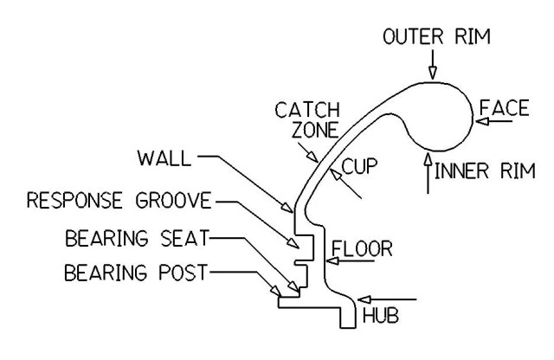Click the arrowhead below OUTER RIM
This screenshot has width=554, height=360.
point(434,74)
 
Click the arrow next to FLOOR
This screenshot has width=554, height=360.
point(330,258)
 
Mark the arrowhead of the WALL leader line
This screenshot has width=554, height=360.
point(291,208)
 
